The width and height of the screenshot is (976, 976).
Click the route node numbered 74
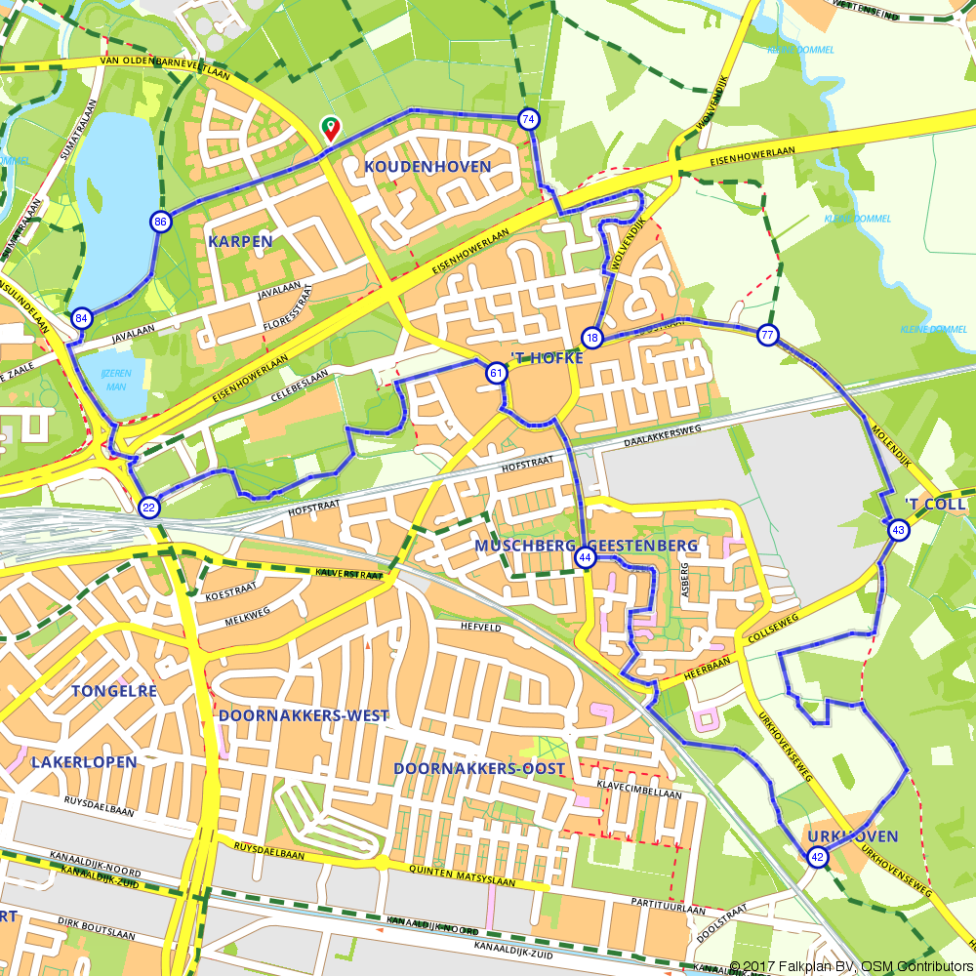pos(528,119)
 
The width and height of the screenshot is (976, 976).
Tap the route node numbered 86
pos(160,222)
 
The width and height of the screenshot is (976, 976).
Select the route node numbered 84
pos(82,318)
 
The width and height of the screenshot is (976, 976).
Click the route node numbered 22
pos(148,506)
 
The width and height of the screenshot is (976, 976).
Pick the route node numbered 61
pos(496,373)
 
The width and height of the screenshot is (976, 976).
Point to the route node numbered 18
pos(592,338)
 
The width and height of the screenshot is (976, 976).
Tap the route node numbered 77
pos(768,335)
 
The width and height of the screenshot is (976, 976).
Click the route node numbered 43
pos(898,529)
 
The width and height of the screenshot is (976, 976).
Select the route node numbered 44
pos(586,557)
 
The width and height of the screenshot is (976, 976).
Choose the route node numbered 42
pos(817,857)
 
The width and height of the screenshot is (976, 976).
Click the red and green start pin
pos(331,128)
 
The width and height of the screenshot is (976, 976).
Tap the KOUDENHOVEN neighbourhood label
pos(427,167)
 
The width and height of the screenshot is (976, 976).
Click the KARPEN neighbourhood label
pos(239,240)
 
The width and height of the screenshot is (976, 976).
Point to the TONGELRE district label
pos(114,691)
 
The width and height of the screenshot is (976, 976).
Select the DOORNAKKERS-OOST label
pos(478,769)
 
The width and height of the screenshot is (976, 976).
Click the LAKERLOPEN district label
pos(84,761)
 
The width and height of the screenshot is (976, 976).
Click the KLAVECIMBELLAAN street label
pos(638,793)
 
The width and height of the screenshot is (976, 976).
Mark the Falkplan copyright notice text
pos(850,966)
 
